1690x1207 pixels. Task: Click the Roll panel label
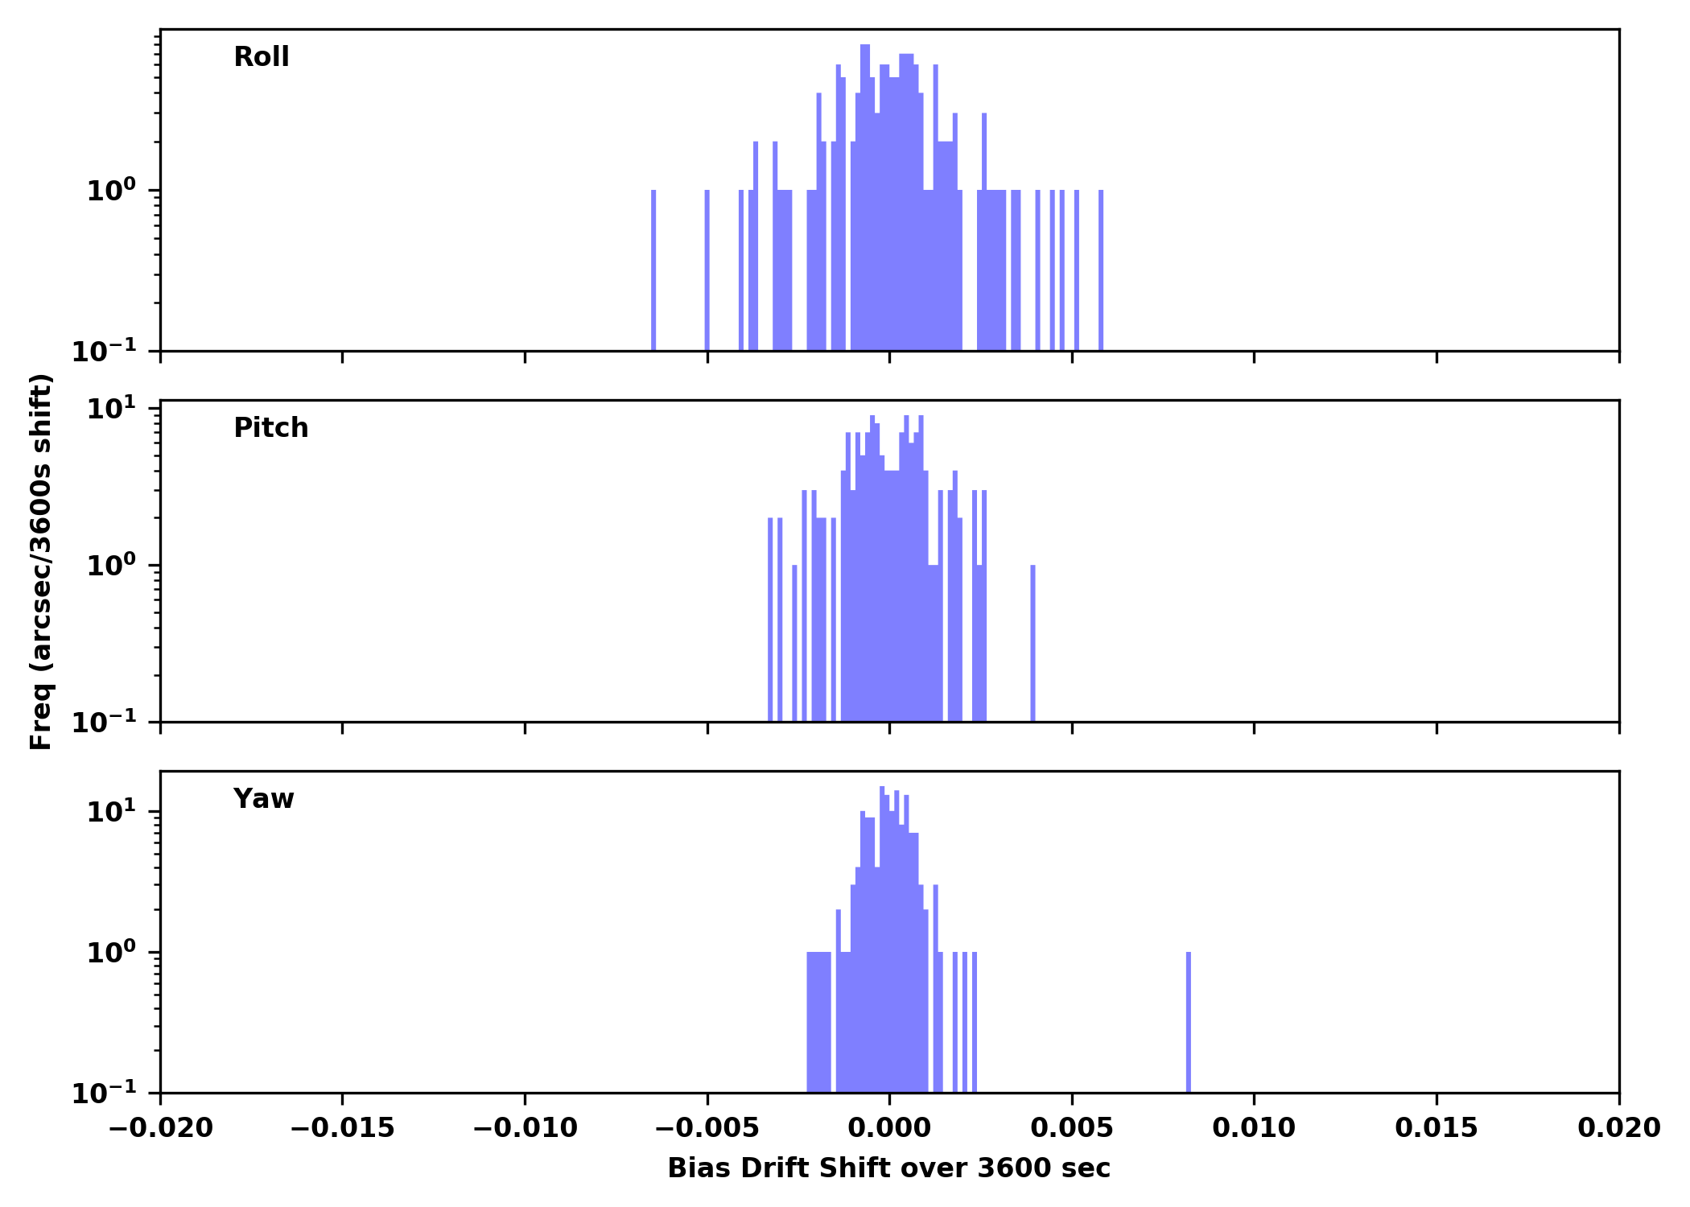(261, 57)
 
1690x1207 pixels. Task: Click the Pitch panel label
(270, 428)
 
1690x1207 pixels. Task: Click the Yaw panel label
(263, 799)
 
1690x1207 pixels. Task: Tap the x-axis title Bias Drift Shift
(888, 1168)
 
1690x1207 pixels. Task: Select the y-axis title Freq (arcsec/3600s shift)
(41, 562)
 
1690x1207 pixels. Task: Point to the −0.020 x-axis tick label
(160, 1128)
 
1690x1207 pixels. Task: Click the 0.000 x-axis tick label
(889, 1128)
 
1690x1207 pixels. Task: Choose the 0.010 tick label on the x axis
(1254, 1128)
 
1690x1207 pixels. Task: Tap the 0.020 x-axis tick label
(1618, 1128)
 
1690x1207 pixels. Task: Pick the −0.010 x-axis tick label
(525, 1128)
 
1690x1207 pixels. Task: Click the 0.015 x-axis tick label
(1436, 1128)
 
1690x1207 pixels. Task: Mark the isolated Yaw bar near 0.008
(1189, 1022)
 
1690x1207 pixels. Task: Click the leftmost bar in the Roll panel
(653, 270)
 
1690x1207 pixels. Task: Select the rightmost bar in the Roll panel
(1101, 270)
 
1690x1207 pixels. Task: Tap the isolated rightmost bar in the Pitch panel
(1033, 644)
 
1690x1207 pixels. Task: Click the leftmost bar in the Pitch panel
(770, 620)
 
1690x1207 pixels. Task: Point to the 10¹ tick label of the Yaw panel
(111, 811)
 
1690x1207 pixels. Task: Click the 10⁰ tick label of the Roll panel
(111, 191)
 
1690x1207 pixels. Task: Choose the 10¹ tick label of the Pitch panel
(111, 409)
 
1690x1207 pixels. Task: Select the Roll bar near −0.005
(707, 270)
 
